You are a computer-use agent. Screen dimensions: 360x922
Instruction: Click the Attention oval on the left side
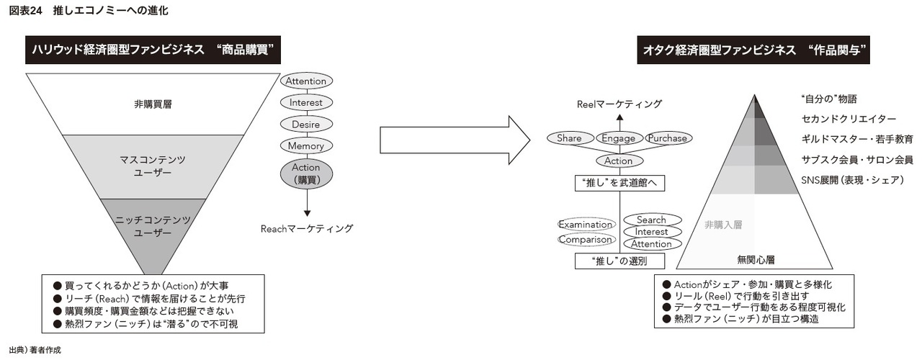(306, 81)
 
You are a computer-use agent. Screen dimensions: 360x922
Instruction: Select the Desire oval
(306, 124)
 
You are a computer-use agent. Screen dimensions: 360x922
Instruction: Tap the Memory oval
(306, 145)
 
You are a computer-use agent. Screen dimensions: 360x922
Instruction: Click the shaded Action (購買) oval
(307, 173)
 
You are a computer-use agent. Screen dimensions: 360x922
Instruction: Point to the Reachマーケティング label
(307, 228)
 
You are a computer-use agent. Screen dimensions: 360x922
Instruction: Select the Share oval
(570, 138)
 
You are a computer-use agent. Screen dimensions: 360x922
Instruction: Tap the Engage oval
(619, 138)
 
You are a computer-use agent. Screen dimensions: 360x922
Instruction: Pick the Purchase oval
(667, 138)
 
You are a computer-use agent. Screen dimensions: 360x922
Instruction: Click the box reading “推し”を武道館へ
(619, 184)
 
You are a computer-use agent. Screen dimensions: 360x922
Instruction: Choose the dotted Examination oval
(586, 225)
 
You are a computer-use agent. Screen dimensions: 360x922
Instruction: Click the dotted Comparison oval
(586, 239)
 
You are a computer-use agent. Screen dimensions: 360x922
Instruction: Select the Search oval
(651, 220)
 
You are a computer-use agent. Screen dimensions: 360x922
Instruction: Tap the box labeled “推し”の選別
(619, 261)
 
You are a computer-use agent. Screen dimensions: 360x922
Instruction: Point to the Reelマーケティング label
(619, 104)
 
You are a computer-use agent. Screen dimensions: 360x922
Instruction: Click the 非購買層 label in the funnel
(153, 104)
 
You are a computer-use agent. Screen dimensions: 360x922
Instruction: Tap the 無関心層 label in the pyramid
(755, 258)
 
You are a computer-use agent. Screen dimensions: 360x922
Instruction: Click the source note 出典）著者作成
(35, 349)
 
